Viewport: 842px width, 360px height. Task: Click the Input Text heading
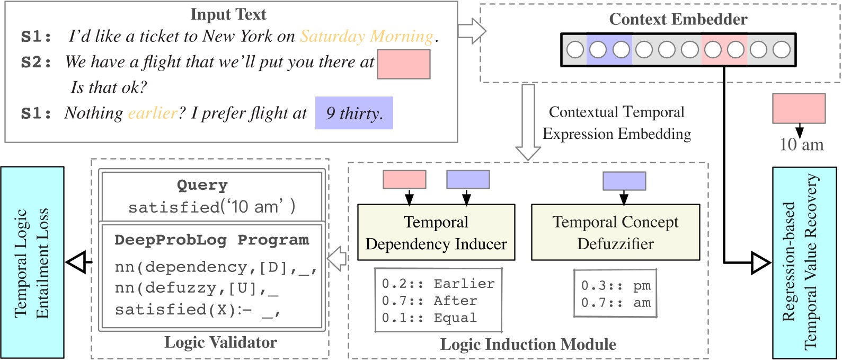(x=228, y=14)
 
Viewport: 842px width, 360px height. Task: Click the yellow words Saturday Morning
(x=367, y=36)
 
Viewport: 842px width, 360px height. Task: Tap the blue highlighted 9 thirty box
(x=354, y=113)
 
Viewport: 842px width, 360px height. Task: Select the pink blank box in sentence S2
(x=403, y=64)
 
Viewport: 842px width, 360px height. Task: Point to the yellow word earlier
(x=153, y=113)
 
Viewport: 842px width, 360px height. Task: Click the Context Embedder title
(x=678, y=19)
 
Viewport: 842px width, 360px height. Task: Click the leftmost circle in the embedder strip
(x=575, y=50)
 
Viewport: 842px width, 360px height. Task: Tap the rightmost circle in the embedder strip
(x=782, y=50)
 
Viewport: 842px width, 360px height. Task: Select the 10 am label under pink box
(x=801, y=144)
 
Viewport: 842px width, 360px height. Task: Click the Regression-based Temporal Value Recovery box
(x=804, y=262)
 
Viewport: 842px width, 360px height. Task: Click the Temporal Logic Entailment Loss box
(x=32, y=262)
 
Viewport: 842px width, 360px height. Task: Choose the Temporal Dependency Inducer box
(x=436, y=232)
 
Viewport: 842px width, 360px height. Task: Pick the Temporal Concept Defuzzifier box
(x=615, y=232)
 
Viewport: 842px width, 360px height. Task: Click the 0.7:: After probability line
(x=429, y=301)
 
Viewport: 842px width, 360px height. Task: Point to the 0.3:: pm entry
(x=615, y=286)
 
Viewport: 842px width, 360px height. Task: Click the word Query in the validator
(x=202, y=185)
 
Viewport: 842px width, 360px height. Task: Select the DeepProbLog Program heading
(x=211, y=240)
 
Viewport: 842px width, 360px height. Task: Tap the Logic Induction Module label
(x=528, y=345)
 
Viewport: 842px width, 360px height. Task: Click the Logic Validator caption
(x=220, y=343)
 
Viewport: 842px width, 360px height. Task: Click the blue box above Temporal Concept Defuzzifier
(x=624, y=181)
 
